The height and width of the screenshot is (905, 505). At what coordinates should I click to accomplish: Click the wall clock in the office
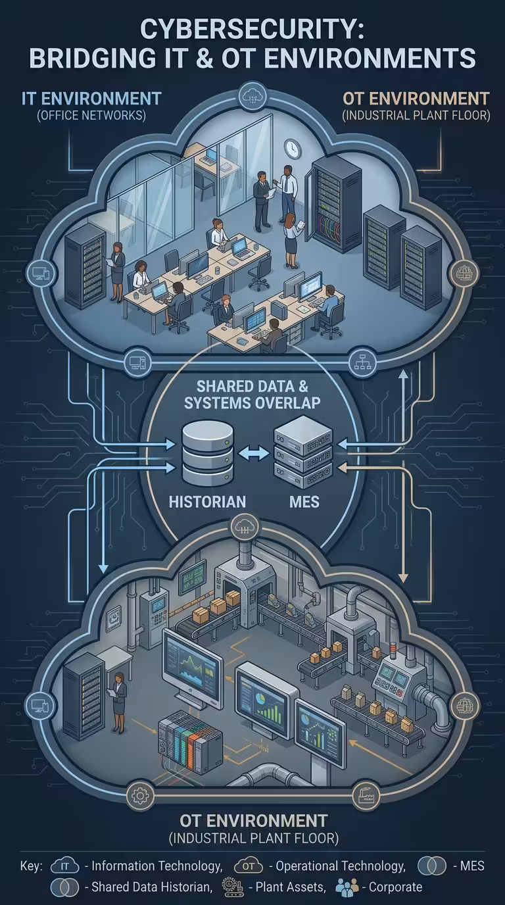click(x=293, y=148)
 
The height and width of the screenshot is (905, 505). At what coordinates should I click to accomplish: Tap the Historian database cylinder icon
click(x=208, y=453)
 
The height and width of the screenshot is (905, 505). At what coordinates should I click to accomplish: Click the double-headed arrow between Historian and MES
click(x=254, y=453)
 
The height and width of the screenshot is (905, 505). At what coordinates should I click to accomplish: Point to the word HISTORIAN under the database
click(x=207, y=502)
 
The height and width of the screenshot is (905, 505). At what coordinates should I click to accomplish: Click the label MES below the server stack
click(x=304, y=502)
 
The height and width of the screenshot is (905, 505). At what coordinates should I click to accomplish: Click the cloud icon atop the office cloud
click(x=252, y=96)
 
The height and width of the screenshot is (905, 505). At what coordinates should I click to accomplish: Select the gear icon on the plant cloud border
click(x=140, y=796)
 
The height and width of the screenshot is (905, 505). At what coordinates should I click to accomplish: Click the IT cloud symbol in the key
click(x=64, y=866)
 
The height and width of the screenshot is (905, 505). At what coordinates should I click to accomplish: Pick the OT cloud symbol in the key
click(x=249, y=866)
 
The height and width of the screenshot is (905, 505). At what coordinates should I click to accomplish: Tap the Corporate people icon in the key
click(x=347, y=887)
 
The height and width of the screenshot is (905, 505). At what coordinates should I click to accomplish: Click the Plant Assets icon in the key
click(x=233, y=887)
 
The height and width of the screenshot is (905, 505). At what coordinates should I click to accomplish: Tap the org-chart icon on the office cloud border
click(x=362, y=362)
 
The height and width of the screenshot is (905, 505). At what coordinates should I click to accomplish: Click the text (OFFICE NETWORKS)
click(x=91, y=116)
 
